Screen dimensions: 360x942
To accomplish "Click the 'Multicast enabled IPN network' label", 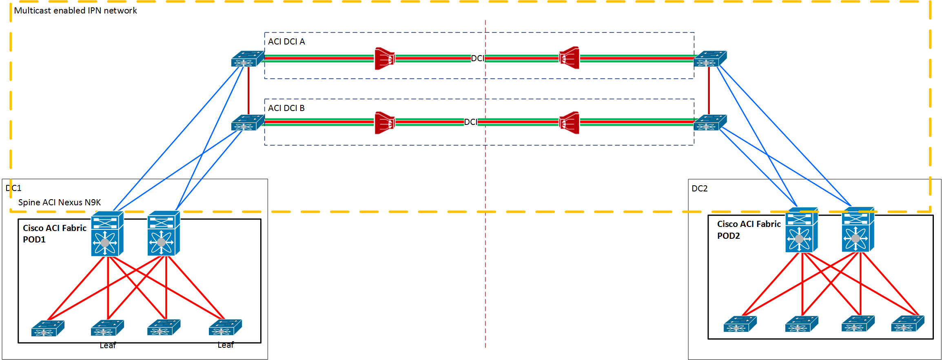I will tap(75, 11).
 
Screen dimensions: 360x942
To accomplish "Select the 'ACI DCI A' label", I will tap(286, 42).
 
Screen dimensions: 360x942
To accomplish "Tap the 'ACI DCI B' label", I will tap(286, 108).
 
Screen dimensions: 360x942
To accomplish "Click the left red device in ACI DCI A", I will tap(384, 58).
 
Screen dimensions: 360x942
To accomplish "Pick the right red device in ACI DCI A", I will tap(569, 58).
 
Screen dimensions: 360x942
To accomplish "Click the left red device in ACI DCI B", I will tap(384, 122).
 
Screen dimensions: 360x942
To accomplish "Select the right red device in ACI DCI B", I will tap(569, 122).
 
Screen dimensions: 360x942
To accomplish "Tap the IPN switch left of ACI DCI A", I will tap(247, 59).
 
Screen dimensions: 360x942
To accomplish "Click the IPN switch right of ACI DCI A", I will tap(710, 59).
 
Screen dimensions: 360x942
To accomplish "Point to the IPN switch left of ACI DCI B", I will tap(247, 123).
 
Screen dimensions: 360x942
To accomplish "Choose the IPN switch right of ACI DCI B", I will tap(710, 123).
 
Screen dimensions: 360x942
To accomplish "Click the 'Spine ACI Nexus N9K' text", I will tap(60, 202).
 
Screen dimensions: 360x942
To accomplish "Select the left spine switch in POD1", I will tap(107, 233).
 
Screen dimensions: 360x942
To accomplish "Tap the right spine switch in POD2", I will tap(858, 229).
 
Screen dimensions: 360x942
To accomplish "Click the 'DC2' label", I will tap(700, 189).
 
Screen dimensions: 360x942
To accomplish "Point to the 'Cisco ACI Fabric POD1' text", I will tap(54, 233).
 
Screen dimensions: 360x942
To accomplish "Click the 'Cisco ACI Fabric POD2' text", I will tap(749, 230).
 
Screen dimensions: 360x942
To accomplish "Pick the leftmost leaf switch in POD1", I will tap(48, 328).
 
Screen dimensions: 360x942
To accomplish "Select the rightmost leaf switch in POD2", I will tap(907, 324).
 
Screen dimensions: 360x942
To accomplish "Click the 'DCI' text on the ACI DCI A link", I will tap(477, 58).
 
